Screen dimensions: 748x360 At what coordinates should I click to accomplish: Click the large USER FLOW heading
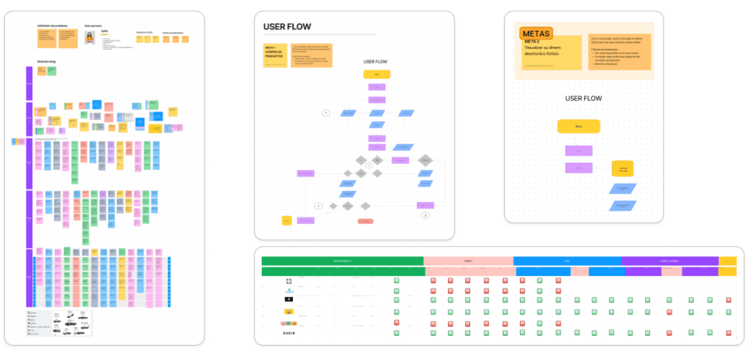tap(287, 27)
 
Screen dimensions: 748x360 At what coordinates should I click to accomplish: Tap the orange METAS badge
tap(536, 34)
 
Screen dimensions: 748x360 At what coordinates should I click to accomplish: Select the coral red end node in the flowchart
tap(365, 221)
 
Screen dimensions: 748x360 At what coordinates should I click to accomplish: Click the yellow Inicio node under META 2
tap(578, 126)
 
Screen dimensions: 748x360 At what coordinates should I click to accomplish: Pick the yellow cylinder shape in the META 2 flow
tap(622, 169)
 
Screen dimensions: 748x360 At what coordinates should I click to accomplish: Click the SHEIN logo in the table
tap(288, 333)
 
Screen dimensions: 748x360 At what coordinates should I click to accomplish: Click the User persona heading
tap(92, 26)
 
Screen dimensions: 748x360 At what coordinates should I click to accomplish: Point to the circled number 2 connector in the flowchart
tap(426, 215)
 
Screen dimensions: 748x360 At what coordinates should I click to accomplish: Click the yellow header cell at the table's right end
tap(727, 261)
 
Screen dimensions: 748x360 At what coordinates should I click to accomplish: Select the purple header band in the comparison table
tap(669, 261)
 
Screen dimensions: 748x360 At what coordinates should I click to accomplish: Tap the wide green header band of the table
tap(342, 261)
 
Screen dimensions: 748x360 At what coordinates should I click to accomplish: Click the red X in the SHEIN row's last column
tap(728, 333)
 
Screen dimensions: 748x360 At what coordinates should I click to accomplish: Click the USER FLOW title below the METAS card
tap(583, 98)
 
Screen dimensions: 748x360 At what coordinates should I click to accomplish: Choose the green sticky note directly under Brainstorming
tap(51, 71)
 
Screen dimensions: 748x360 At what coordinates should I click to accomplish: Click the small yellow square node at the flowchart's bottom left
tap(286, 221)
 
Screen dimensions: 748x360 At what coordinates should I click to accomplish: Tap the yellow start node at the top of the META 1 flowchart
tap(376, 74)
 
